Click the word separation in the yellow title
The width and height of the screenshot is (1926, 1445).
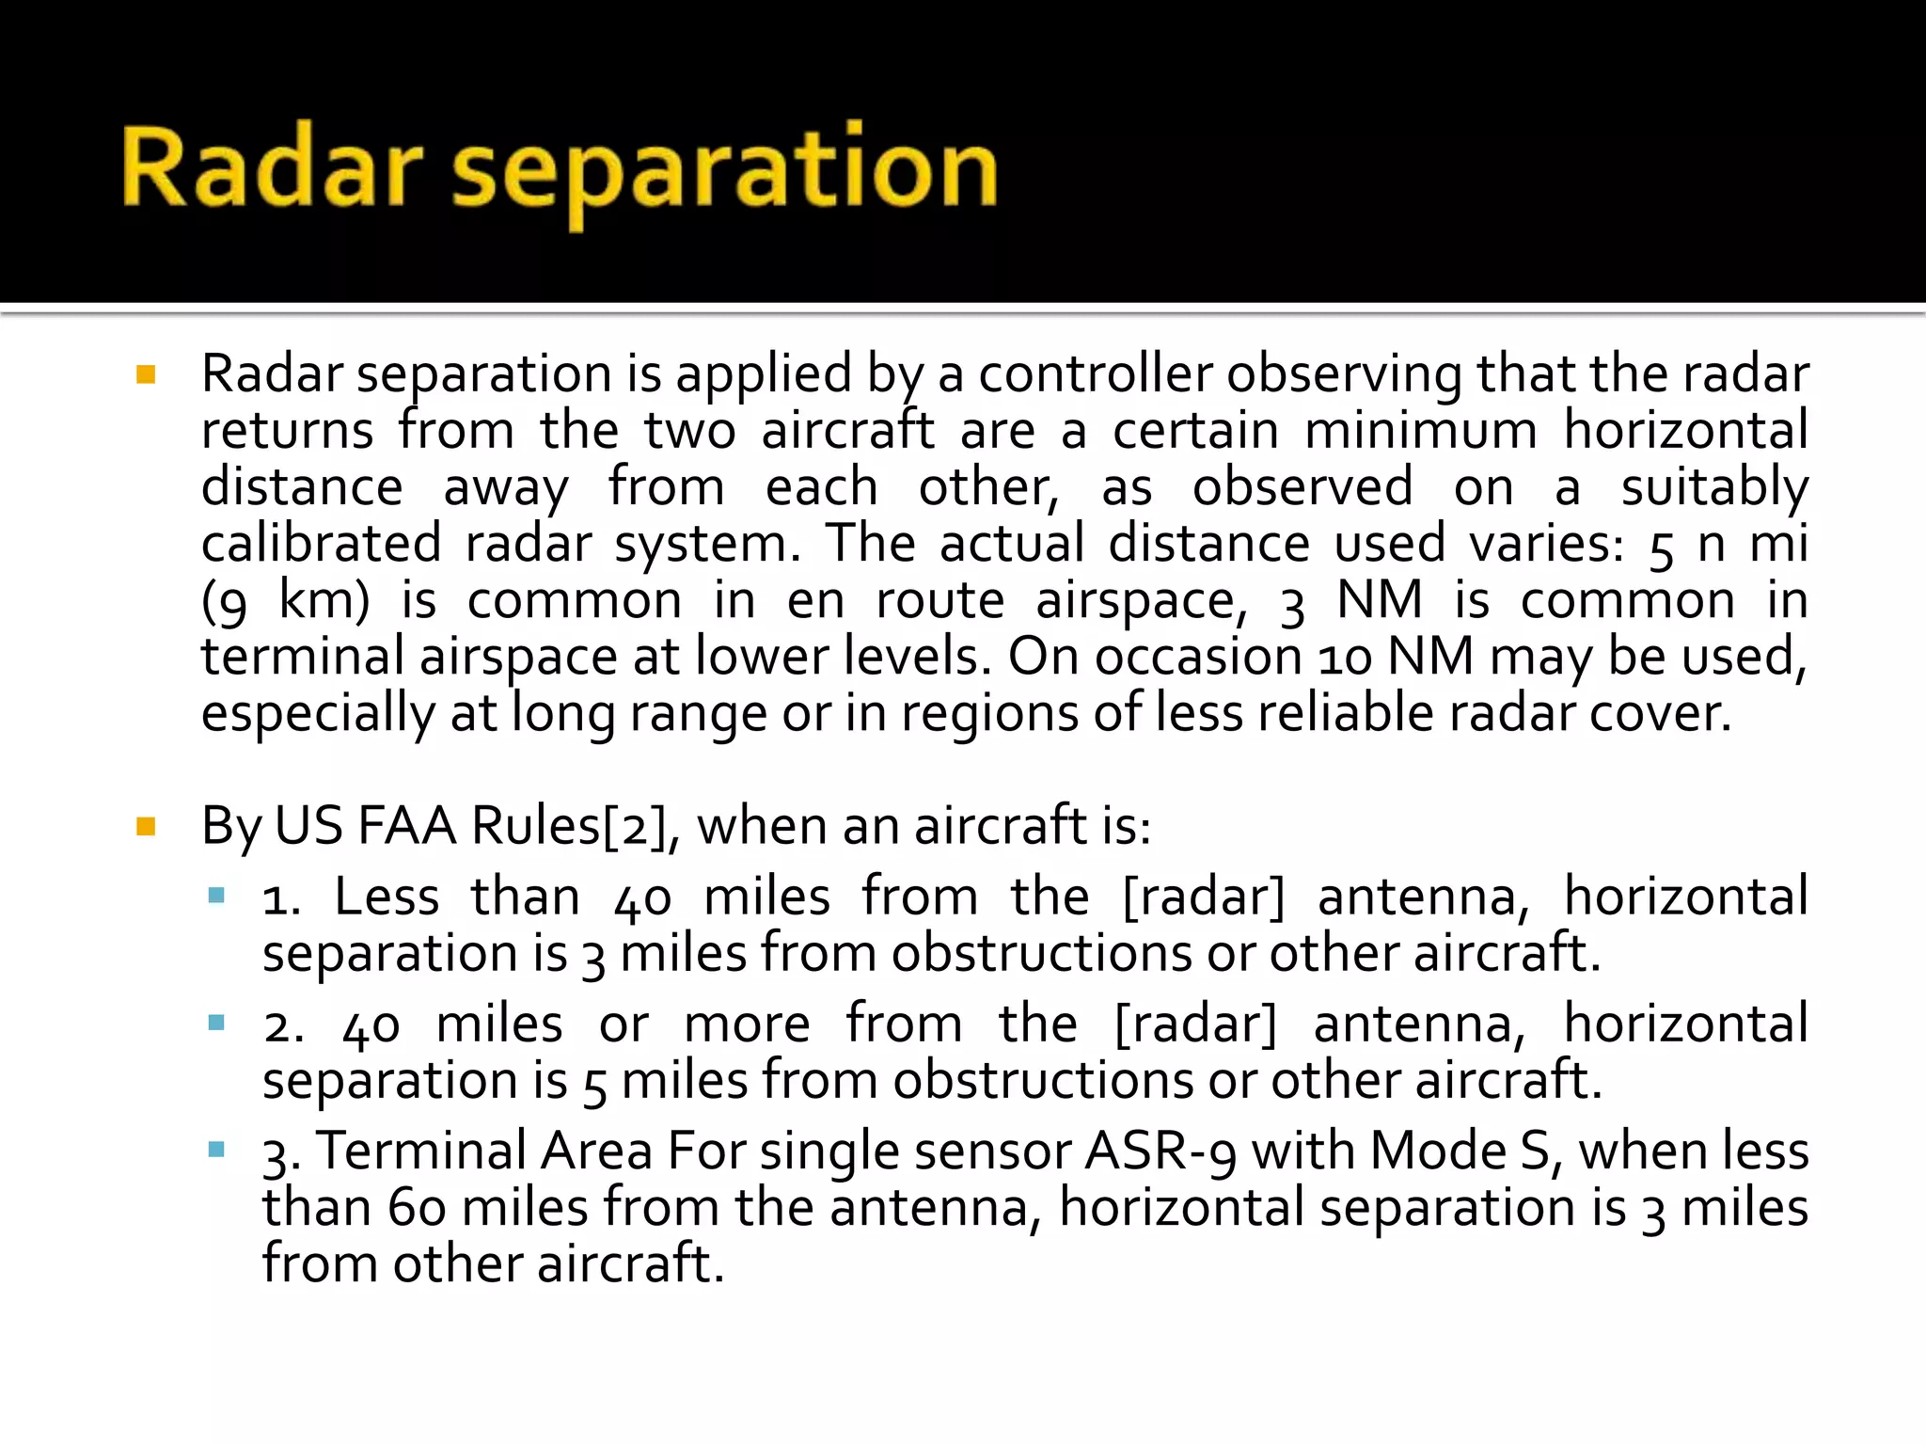(724, 171)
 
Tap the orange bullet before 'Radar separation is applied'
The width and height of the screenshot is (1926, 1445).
(146, 375)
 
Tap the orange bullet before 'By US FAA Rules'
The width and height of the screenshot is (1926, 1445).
(146, 827)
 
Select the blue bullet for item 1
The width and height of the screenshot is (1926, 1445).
(217, 896)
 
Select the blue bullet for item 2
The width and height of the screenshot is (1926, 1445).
(217, 1023)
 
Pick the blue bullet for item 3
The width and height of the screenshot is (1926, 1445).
(217, 1149)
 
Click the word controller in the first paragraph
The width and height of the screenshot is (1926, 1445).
(1096, 373)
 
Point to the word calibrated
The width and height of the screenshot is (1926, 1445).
(321, 543)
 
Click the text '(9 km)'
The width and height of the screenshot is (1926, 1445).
(286, 601)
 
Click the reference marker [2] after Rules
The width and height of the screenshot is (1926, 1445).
(634, 826)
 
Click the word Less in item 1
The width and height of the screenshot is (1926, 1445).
(387, 896)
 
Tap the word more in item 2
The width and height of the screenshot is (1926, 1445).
(747, 1024)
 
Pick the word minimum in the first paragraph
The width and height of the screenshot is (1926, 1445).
(1420, 430)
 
